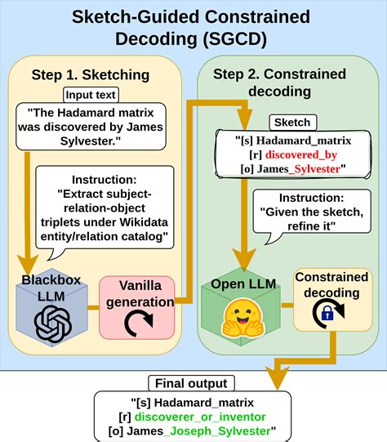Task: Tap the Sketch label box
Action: pyautogui.click(x=291, y=122)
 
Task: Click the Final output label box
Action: pyautogui.click(x=193, y=382)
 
